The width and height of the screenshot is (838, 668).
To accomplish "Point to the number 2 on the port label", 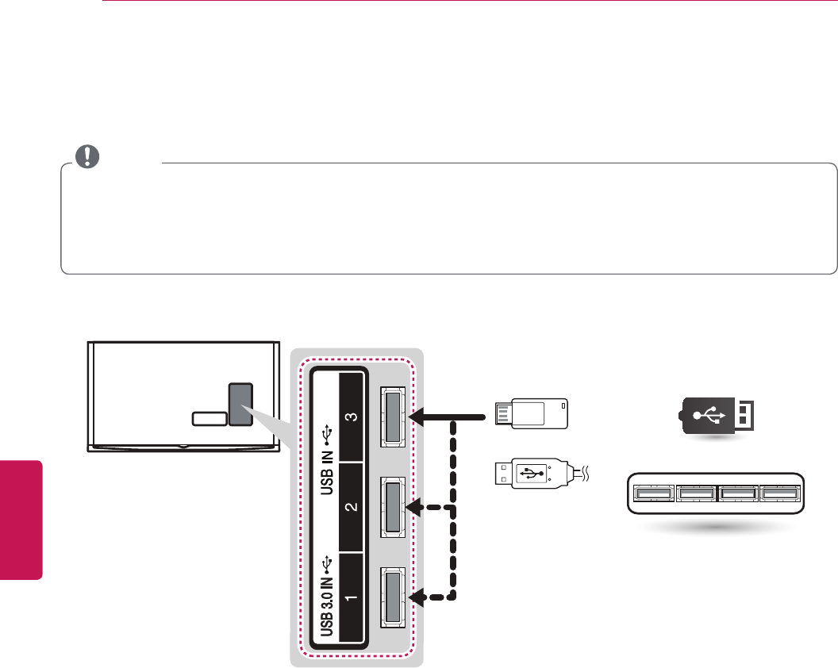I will (351, 507).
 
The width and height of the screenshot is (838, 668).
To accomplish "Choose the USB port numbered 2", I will (393, 505).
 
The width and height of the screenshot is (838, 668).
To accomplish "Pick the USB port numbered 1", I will (393, 596).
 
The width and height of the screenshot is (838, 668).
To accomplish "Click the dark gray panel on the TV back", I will (240, 405).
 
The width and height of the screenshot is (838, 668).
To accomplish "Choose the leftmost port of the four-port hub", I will (652, 493).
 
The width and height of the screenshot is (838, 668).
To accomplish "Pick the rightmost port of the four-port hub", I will (779, 493).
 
